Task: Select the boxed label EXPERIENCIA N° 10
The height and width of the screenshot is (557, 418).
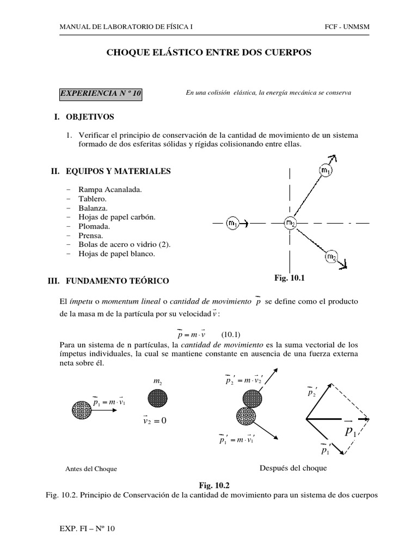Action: tap(101, 94)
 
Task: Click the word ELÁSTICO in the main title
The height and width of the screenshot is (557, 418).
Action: tap(163, 53)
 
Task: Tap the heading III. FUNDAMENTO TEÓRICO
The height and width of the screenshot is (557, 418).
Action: tap(109, 281)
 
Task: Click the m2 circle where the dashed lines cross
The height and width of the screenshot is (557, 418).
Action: tap(290, 222)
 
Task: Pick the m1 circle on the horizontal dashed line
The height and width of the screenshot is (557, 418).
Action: tap(232, 222)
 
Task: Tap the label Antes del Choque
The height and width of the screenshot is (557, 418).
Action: tap(91, 469)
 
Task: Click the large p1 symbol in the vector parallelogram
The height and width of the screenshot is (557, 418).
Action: tap(350, 432)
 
